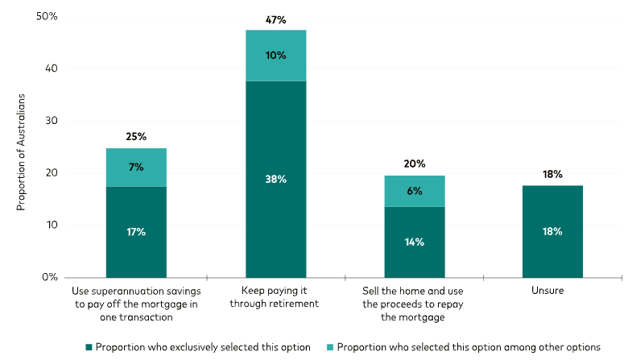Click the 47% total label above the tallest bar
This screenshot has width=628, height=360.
[x=275, y=19]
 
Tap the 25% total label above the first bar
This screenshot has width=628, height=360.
[x=136, y=137]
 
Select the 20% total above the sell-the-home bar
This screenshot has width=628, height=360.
[x=414, y=163]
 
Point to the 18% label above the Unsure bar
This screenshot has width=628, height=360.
[x=552, y=174]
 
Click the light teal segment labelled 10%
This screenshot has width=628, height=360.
[x=275, y=56]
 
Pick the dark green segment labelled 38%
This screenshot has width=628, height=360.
[x=275, y=179]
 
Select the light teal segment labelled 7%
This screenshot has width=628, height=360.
[x=136, y=168]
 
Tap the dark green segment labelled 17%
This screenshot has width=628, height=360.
[x=136, y=232]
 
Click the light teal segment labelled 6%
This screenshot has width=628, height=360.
[x=414, y=191]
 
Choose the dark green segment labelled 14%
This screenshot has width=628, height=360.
[x=414, y=242]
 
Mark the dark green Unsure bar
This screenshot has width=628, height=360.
[x=552, y=231]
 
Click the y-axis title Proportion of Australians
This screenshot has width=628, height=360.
[x=23, y=153]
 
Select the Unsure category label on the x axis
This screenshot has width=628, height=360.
[x=552, y=290]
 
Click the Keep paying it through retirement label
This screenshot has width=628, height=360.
[x=275, y=296]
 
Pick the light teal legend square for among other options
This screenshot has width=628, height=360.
[x=329, y=347]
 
